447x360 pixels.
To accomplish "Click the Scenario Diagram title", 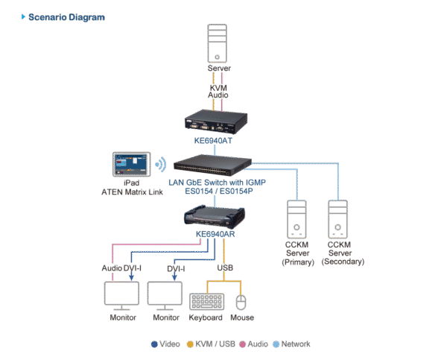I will click(x=66, y=16).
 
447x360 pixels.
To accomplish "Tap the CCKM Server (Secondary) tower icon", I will click(x=339, y=219).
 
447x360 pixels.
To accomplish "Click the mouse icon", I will click(x=241, y=302).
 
